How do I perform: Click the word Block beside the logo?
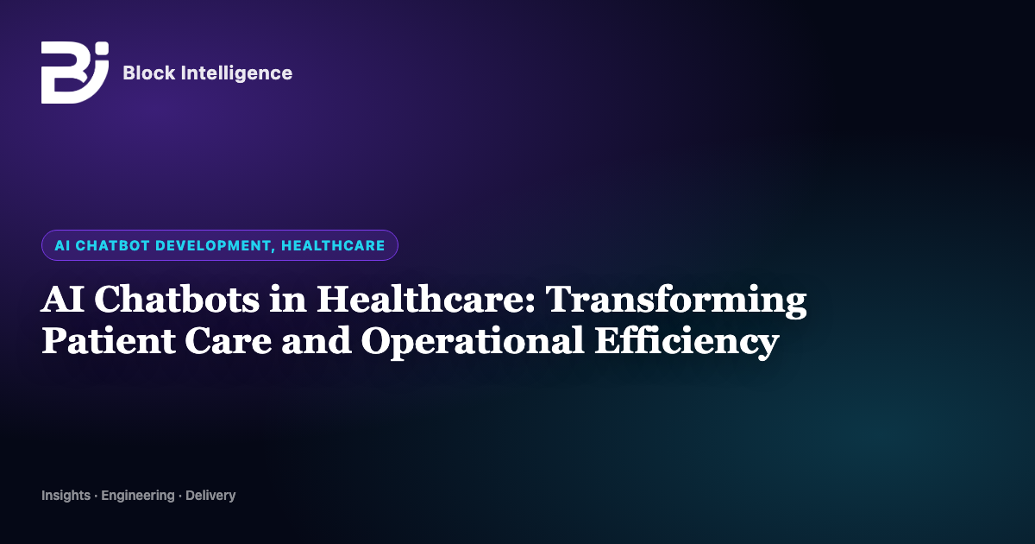tap(148, 73)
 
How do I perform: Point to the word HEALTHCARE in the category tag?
tap(333, 245)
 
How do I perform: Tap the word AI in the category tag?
tap(62, 245)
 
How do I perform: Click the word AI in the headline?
tap(62, 300)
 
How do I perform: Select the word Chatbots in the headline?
tap(177, 300)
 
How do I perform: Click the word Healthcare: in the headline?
tap(425, 300)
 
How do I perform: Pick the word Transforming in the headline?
tap(676, 301)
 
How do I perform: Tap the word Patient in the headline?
tap(108, 340)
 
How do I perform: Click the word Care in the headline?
tap(229, 341)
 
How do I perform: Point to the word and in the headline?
tap(317, 341)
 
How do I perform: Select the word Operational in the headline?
tap(473, 343)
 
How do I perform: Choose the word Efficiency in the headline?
tap(687, 343)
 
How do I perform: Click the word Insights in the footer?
tap(66, 496)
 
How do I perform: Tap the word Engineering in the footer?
tap(138, 496)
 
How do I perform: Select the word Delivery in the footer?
tap(210, 496)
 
